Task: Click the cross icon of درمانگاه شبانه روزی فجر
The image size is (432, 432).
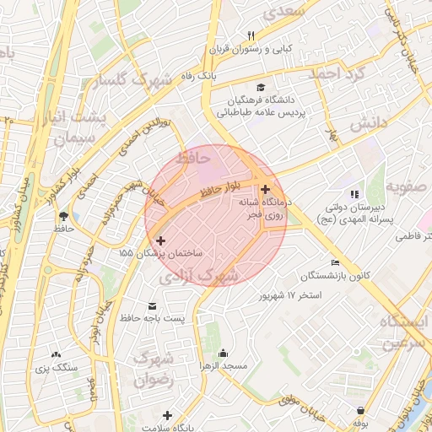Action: [266, 190]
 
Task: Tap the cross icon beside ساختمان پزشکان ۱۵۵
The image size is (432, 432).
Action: [160, 240]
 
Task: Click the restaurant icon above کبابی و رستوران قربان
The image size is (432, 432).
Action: [251, 35]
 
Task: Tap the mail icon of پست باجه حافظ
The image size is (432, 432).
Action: [152, 305]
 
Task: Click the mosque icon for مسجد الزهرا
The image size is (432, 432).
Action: [223, 353]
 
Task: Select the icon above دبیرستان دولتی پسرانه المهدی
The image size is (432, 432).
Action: [354, 194]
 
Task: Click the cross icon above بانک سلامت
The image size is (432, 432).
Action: [167, 415]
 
